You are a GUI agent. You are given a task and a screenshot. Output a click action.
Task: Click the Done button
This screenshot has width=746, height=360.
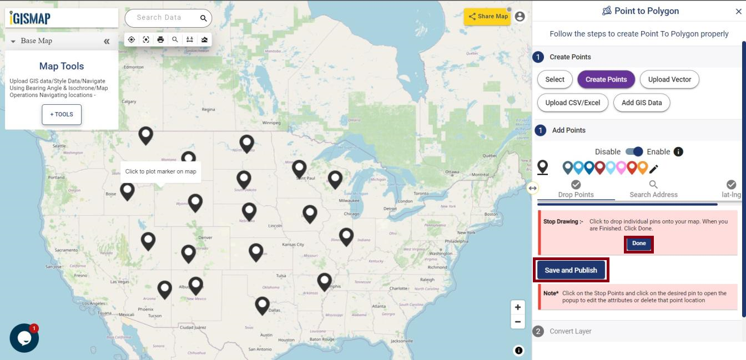point(639,244)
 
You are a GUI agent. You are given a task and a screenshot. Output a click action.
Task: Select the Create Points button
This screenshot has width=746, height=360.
point(606,79)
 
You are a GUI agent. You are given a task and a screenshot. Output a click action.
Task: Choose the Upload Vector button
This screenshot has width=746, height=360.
point(669,79)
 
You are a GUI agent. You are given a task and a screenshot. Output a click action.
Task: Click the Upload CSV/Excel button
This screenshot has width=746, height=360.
point(572,103)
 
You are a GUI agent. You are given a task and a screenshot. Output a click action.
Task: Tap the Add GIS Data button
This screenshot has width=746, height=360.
point(642,103)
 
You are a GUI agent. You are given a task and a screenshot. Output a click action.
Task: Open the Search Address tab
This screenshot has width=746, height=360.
point(653,189)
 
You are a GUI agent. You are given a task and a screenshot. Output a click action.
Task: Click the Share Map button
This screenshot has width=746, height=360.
point(487,16)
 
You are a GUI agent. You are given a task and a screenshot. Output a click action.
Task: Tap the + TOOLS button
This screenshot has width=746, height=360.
point(62,114)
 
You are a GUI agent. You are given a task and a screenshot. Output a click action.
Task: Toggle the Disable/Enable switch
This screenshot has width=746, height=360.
point(634,151)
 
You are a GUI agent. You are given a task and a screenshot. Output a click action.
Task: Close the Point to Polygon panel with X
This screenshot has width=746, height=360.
point(738,11)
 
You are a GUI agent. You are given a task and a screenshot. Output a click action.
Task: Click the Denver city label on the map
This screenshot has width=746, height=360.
point(205,237)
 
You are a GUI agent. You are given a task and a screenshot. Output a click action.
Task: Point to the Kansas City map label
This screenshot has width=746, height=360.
point(293,244)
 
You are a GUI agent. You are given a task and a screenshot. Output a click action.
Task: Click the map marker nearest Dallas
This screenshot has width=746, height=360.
point(262,305)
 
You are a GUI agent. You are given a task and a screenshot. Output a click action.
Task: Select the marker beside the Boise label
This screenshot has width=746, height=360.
point(128,190)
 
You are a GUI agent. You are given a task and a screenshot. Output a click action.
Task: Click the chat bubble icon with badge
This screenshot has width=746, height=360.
point(24,338)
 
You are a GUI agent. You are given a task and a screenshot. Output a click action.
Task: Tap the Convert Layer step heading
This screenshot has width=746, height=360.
point(570,331)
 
